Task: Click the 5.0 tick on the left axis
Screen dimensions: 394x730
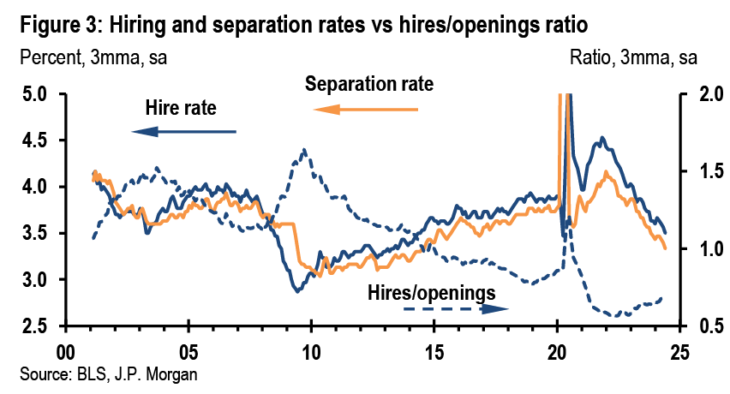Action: point(39,93)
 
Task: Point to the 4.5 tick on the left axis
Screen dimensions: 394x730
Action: point(39,140)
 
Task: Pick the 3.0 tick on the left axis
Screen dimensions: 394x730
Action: point(39,280)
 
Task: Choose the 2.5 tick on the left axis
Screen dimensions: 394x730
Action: point(39,326)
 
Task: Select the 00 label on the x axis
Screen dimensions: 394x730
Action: point(65,353)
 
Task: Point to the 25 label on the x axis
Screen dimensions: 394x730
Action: point(679,353)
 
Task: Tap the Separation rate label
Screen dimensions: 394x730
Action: point(369,85)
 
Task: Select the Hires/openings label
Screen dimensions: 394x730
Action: point(431,292)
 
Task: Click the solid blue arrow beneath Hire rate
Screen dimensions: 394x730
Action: point(183,131)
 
